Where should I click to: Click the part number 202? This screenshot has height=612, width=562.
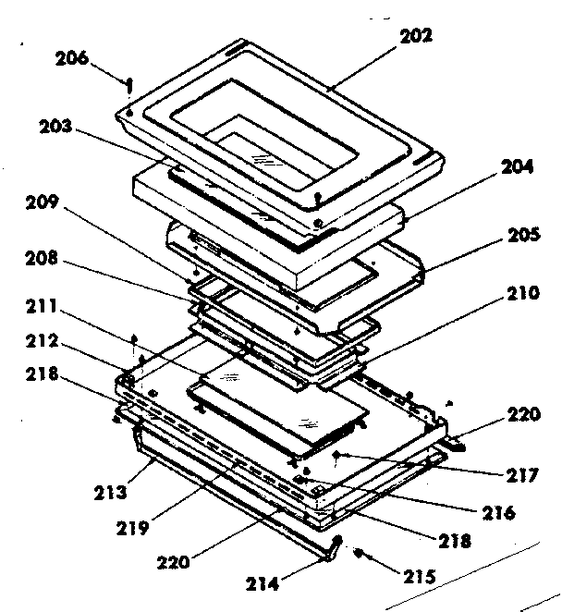tap(416, 37)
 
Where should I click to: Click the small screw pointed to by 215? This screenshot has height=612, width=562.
tap(360, 556)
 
